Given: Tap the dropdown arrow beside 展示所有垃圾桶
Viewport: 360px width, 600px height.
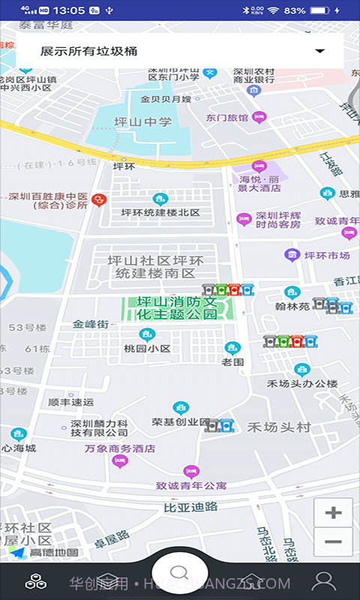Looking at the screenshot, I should point(320,51).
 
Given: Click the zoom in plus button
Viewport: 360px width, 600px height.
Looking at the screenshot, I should point(333,513).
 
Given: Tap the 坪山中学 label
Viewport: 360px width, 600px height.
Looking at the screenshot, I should point(142,121).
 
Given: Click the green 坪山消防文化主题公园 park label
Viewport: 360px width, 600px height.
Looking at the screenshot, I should point(177,307).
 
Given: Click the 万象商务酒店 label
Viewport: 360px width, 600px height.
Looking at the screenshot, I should point(120,448).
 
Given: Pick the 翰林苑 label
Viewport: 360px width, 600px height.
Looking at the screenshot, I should point(292,306).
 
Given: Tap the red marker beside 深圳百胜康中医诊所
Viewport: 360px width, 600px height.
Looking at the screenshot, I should point(98,200).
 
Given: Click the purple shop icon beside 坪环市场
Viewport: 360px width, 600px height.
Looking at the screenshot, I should point(292,255).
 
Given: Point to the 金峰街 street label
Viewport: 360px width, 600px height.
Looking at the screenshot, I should point(91,325).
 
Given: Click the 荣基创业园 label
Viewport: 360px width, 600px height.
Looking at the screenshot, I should point(180,421).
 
